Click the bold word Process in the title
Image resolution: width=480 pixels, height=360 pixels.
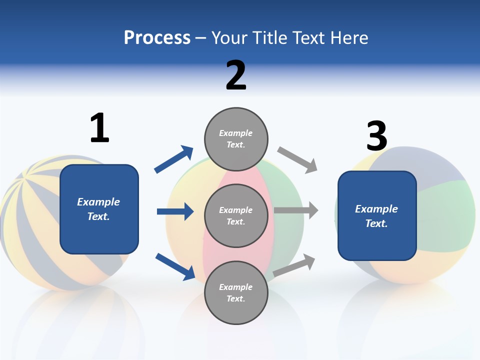tap(157, 37)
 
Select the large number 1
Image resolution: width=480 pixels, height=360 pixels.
tap(99, 128)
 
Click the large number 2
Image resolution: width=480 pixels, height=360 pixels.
tap(236, 75)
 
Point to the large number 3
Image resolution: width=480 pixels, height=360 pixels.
tap(376, 136)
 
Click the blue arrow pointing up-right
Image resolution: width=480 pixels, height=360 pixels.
tap(173, 159)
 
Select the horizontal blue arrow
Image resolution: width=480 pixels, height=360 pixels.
tap(175, 211)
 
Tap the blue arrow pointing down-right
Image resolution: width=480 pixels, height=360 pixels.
tap(175, 266)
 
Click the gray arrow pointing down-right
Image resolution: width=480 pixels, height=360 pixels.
tap(297, 159)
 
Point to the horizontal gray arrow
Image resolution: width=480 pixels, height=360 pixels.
tap(296, 210)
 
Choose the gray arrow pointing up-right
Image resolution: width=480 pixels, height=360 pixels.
tap(294, 265)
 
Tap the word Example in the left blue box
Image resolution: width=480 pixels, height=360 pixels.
tap(98, 202)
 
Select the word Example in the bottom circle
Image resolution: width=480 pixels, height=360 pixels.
tap(236, 287)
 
